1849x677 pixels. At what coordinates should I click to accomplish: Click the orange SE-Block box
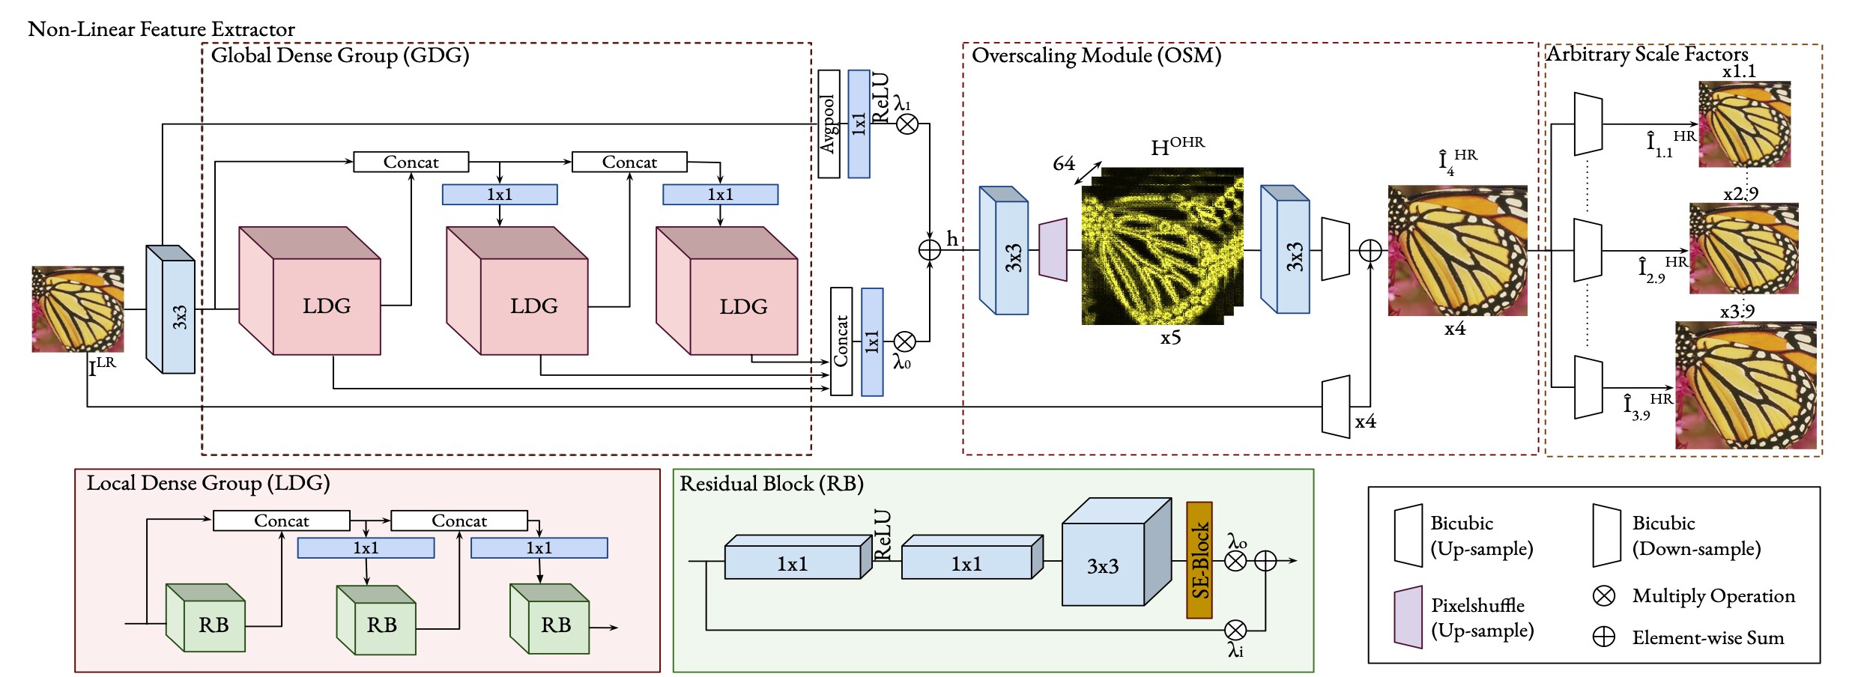pyautogui.click(x=1199, y=560)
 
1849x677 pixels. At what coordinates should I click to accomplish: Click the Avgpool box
pyautogui.click(x=828, y=124)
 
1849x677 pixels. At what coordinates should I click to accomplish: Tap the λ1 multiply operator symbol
pyautogui.click(x=907, y=124)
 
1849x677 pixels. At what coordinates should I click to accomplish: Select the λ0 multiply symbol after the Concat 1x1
pyautogui.click(x=904, y=341)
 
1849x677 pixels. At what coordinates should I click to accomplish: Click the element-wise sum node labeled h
pyautogui.click(x=929, y=250)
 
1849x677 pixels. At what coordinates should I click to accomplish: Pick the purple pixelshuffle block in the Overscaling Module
pyautogui.click(x=1053, y=250)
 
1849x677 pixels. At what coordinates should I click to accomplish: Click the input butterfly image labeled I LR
pyautogui.click(x=77, y=309)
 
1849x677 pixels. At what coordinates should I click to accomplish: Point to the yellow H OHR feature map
pyautogui.click(x=1161, y=247)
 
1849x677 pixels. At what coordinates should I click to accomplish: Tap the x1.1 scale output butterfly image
pyautogui.click(x=1744, y=124)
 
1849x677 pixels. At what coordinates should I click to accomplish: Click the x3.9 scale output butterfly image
pyautogui.click(x=1746, y=385)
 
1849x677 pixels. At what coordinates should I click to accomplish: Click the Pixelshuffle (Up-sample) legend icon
pyautogui.click(x=1408, y=618)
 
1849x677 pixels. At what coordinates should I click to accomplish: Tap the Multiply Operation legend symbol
pyautogui.click(x=1603, y=595)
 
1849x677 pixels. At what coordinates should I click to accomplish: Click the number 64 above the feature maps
pyautogui.click(x=1063, y=163)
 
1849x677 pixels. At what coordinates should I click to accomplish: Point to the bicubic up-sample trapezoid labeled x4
pyautogui.click(x=1335, y=407)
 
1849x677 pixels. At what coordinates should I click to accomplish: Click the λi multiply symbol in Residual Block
pyautogui.click(x=1235, y=630)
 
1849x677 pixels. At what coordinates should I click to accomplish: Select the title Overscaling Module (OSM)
pyautogui.click(x=1096, y=55)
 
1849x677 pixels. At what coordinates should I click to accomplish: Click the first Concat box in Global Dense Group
pyautogui.click(x=411, y=162)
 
